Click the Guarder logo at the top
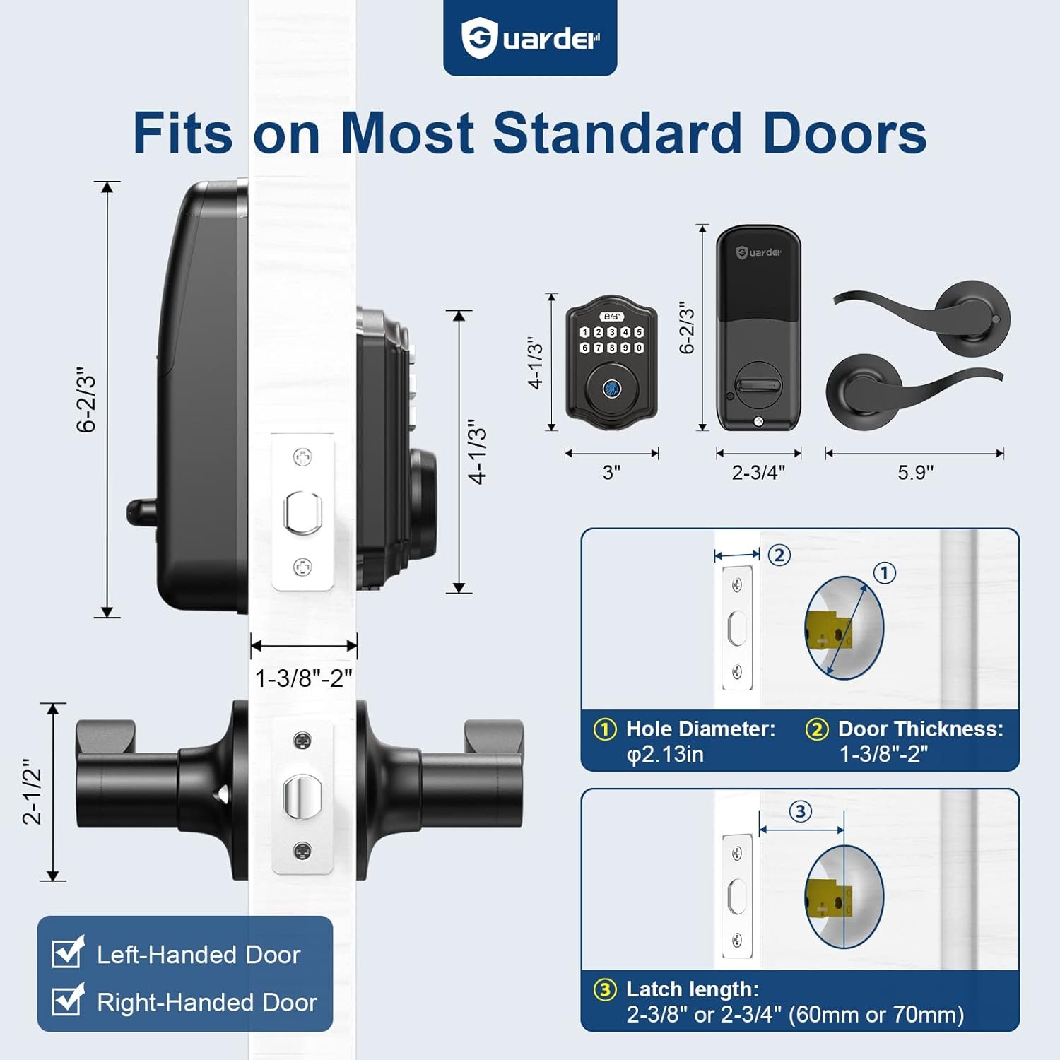530,39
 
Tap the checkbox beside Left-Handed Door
69,952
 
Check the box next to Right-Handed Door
69,1000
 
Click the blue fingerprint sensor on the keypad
611,388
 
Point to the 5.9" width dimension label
915,472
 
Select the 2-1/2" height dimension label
33,792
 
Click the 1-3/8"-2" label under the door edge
303,678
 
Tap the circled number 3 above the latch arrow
800,811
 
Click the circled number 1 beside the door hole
885,572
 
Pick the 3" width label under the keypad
611,472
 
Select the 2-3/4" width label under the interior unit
758,472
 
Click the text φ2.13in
665,755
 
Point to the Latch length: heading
693,989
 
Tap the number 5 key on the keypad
639,332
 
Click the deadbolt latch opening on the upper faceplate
303,512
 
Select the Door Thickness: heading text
921,729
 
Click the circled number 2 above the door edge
779,555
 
